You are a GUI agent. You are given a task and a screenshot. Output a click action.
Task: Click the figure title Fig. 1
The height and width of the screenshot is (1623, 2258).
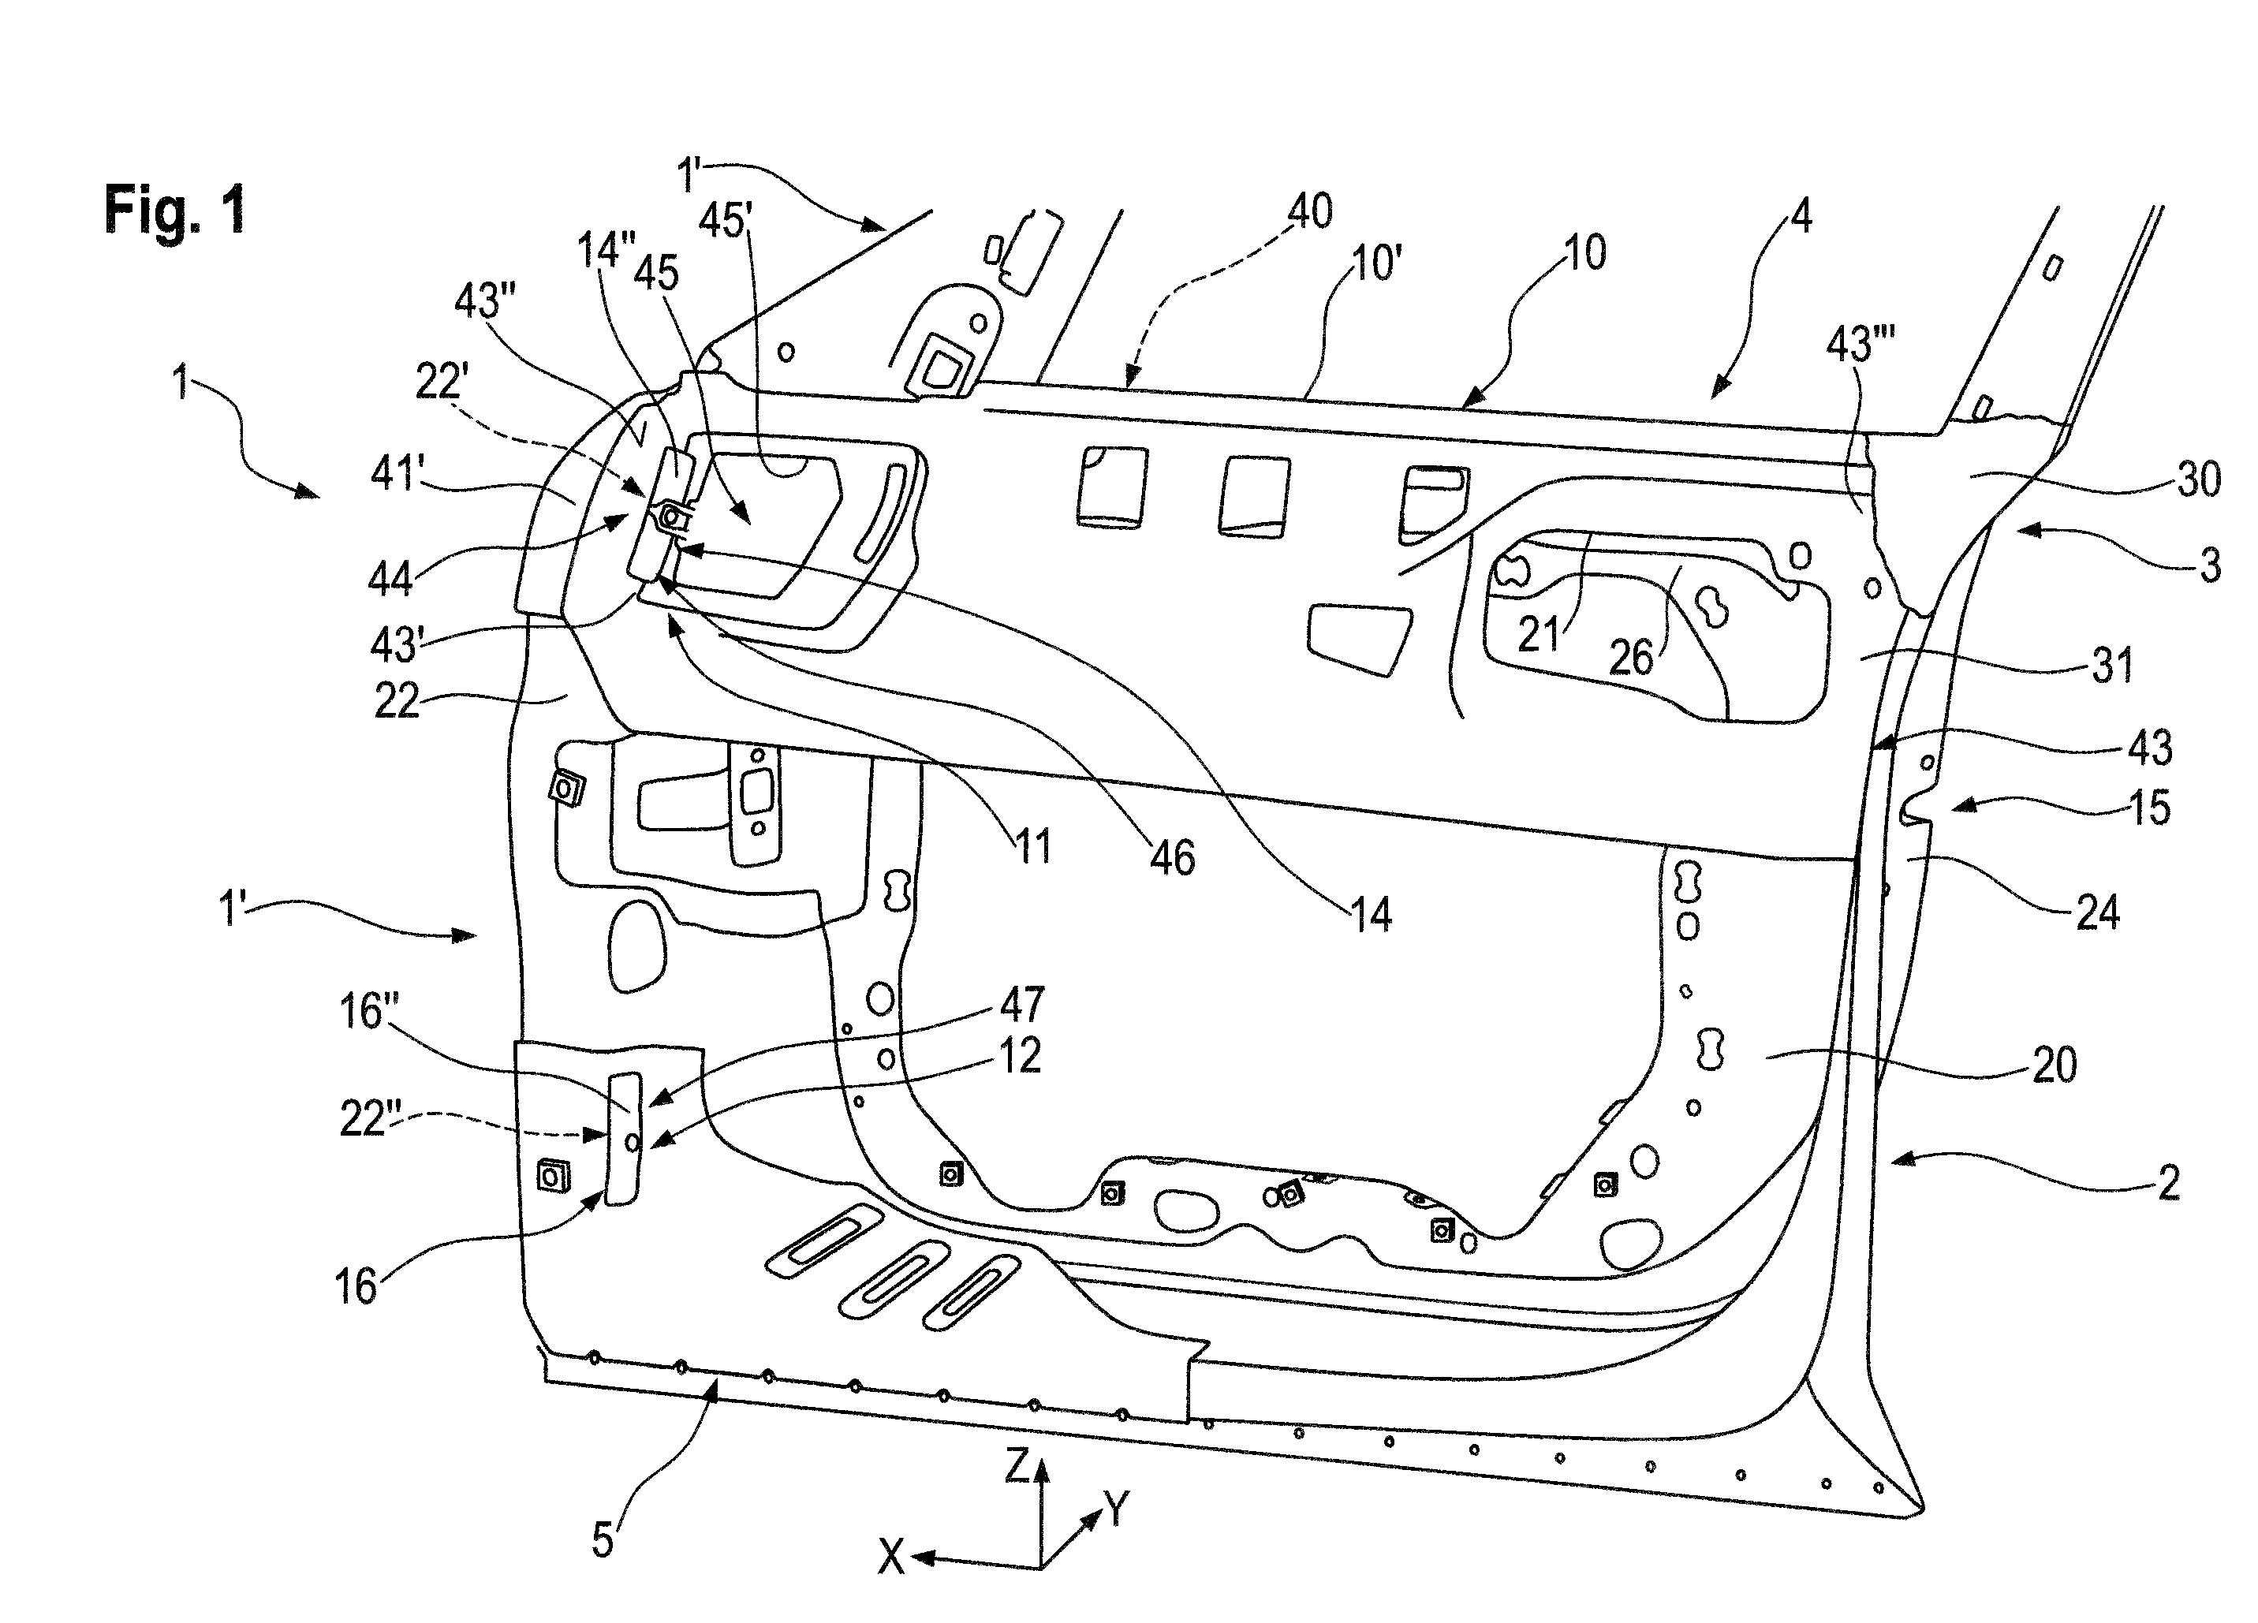(x=175, y=210)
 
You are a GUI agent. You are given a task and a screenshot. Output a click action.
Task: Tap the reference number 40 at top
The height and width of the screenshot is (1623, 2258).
(x=1309, y=211)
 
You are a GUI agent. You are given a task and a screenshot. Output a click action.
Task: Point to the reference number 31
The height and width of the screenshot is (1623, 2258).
(x=2111, y=665)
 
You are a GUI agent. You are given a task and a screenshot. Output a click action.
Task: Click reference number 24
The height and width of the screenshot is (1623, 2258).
(x=2098, y=912)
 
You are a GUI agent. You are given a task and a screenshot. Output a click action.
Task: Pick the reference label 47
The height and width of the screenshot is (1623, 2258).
(x=1021, y=1005)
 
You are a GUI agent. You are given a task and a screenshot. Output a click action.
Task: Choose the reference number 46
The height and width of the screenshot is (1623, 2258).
(x=1172, y=857)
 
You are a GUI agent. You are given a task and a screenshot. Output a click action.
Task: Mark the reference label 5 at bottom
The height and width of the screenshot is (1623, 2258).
(x=603, y=1539)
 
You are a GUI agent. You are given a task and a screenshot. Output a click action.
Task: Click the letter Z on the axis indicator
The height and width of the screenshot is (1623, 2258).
(x=1017, y=1466)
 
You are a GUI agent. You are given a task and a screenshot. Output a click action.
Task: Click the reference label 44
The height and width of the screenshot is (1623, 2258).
(x=390, y=579)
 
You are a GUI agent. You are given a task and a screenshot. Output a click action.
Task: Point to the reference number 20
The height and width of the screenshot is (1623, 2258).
(x=2054, y=1065)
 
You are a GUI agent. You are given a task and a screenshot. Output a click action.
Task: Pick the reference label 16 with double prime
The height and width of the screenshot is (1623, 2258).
(x=369, y=1012)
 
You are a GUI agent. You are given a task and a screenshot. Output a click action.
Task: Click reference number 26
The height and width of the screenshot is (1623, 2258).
(x=1631, y=657)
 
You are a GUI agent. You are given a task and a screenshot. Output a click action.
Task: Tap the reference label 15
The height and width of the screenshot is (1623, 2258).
(x=2149, y=808)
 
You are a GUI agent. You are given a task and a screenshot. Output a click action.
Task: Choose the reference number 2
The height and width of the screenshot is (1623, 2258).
(x=2168, y=1183)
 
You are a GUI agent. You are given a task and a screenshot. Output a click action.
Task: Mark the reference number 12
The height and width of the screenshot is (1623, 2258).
(x=1020, y=1055)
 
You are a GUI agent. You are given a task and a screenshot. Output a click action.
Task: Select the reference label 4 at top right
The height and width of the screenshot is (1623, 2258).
(x=1801, y=216)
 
